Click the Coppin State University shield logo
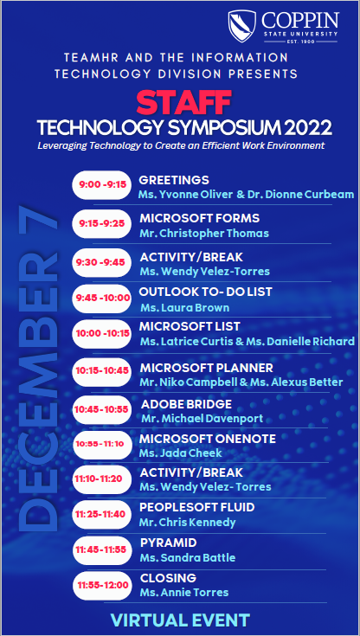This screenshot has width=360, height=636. click(242, 25)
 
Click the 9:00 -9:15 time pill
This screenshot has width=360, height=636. click(102, 185)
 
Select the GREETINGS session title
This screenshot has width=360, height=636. click(169, 180)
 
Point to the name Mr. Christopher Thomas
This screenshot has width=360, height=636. click(204, 233)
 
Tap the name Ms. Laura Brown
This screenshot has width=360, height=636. click(184, 307)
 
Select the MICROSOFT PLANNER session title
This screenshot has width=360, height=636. click(207, 368)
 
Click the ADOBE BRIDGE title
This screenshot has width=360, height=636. click(186, 404)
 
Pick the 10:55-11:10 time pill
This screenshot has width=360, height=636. click(102, 442)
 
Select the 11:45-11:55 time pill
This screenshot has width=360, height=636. click(102, 549)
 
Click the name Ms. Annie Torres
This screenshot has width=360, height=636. click(184, 593)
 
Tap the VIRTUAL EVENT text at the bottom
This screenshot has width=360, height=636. click(180, 620)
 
